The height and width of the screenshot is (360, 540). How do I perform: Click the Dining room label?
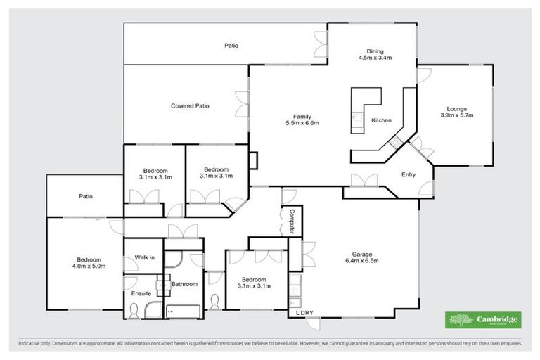374,51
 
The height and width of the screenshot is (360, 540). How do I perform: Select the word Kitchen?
381,120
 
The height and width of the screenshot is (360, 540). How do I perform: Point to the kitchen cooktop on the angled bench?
395,143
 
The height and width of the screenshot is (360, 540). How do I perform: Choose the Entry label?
408,174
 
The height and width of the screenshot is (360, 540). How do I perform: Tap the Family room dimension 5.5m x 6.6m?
302,123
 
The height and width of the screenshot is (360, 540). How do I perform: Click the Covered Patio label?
190,106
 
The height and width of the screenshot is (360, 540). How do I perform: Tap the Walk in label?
144,258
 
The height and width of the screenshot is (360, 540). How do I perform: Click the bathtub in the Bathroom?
183,309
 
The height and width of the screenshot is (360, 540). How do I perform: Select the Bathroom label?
184,283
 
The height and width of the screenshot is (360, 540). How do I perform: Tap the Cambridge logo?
483,320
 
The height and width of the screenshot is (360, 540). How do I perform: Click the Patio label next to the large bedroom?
86,196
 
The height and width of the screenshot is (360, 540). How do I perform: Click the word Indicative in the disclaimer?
29,344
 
